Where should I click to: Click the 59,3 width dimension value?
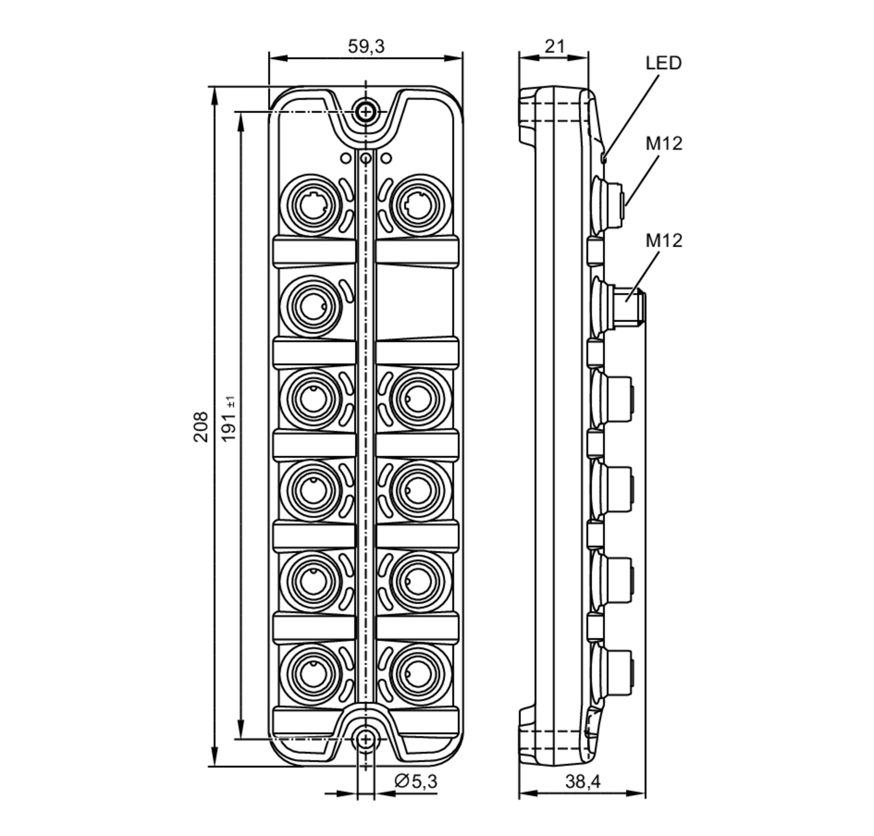click(x=365, y=46)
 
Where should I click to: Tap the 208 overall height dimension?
click(x=201, y=427)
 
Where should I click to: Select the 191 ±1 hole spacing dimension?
click(x=229, y=420)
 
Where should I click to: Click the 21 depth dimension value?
click(x=555, y=46)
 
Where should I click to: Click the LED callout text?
click(x=663, y=63)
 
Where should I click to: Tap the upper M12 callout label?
click(x=664, y=143)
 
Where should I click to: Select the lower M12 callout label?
click(x=664, y=240)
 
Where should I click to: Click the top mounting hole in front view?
click(x=365, y=111)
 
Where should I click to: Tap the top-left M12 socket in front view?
click(x=312, y=205)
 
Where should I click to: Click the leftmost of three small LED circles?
click(x=345, y=158)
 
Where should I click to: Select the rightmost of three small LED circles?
click(x=386, y=158)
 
